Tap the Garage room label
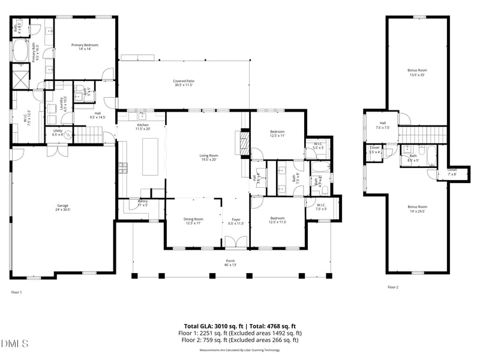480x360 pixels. (x=63, y=207)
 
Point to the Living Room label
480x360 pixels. (x=208, y=157)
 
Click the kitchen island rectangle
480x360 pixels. (x=150, y=157)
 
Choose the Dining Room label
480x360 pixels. (x=193, y=221)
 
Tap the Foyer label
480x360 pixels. (x=236, y=221)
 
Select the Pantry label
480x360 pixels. (x=143, y=203)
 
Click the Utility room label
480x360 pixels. (x=58, y=132)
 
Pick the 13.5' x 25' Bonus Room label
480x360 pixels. (x=417, y=73)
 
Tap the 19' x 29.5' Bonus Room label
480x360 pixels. (x=418, y=208)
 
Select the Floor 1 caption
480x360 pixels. (x=16, y=292)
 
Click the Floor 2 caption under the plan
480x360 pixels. (x=393, y=287)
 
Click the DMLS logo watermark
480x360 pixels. (x=15, y=343)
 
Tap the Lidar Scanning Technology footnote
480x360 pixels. (x=240, y=350)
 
